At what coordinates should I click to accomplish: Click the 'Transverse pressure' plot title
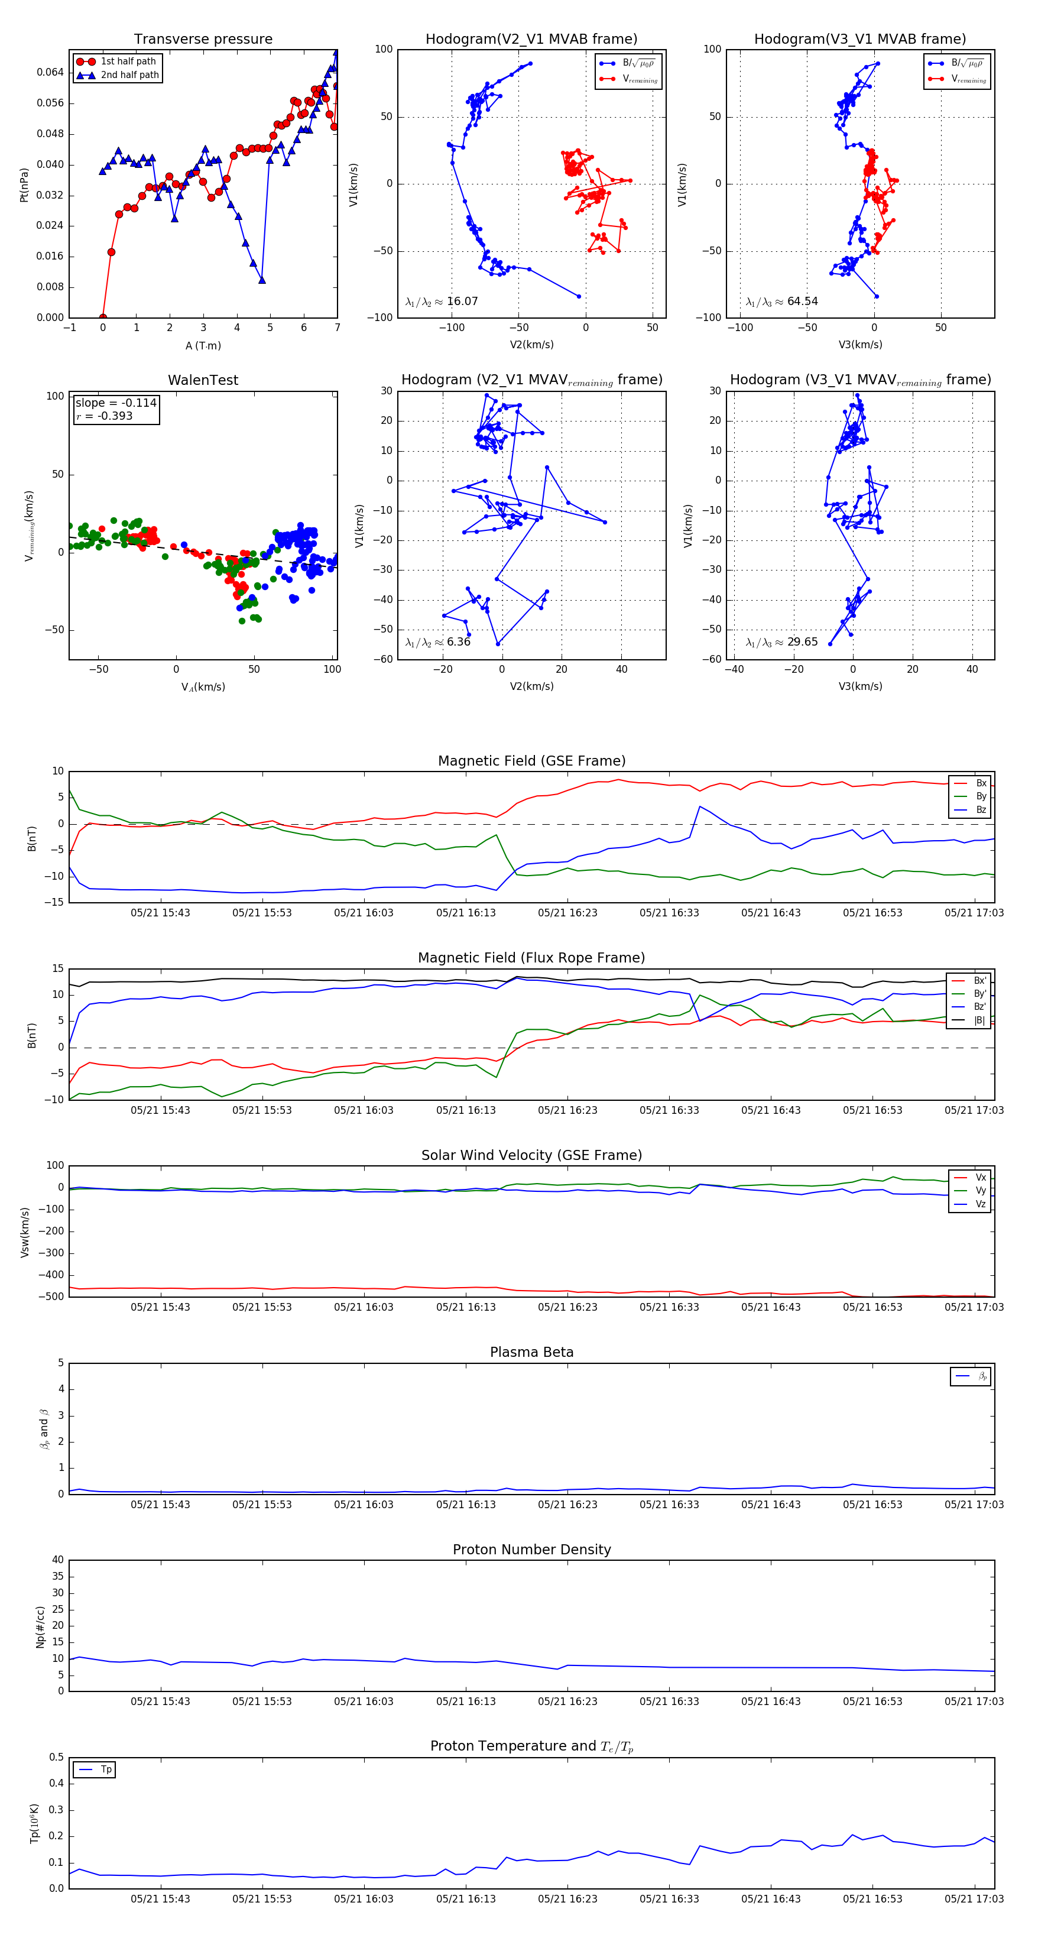click(203, 40)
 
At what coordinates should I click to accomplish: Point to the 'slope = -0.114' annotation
click(116, 403)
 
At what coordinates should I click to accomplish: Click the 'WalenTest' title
click(203, 380)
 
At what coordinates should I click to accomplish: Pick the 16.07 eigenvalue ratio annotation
click(442, 302)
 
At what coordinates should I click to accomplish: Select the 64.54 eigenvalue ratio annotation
click(781, 302)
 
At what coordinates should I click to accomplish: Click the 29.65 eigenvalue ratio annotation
click(781, 642)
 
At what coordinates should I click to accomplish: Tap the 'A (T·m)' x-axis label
click(203, 345)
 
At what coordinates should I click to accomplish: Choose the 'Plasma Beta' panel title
click(531, 1353)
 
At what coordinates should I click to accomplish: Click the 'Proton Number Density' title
click(531, 1550)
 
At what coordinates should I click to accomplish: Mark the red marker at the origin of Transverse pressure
click(103, 317)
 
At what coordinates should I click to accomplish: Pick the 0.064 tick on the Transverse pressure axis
click(50, 72)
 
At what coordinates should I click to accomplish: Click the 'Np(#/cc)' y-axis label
click(40, 1627)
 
